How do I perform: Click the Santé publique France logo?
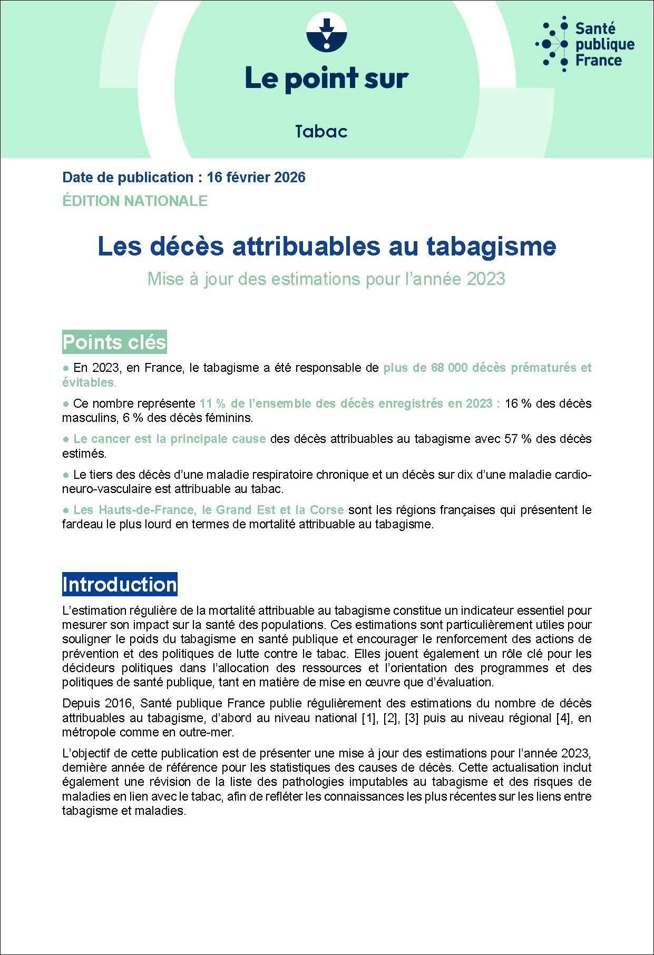(585, 44)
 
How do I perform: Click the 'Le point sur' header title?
(326, 78)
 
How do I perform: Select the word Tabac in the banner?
(321, 131)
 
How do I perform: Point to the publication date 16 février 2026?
(256, 178)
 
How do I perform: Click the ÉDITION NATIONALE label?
(134, 201)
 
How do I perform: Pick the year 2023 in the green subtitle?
(486, 279)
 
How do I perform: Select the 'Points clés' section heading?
(114, 342)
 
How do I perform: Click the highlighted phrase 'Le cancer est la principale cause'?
(169, 439)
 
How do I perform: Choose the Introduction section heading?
(120, 585)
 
